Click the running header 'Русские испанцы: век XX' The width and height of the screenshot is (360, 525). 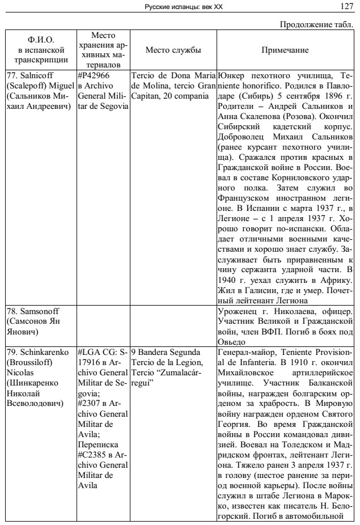point(180,6)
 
